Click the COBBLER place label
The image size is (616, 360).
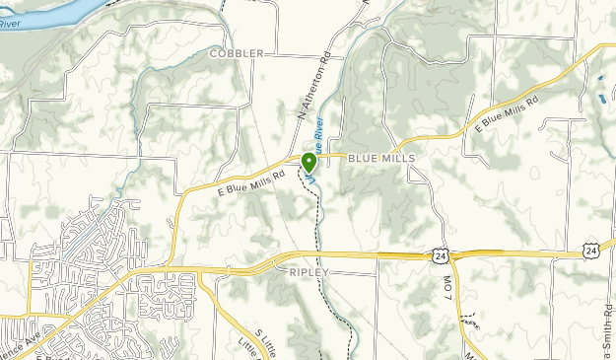[x=237, y=53]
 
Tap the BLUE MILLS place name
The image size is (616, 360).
[x=380, y=158]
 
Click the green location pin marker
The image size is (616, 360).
[x=309, y=163]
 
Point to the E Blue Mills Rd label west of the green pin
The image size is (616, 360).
[x=250, y=180]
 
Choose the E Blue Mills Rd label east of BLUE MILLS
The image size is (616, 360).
[x=508, y=115]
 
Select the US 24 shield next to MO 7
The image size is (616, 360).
[x=441, y=254]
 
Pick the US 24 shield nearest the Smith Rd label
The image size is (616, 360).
[x=590, y=252]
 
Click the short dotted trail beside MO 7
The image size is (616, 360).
[x=475, y=322]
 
